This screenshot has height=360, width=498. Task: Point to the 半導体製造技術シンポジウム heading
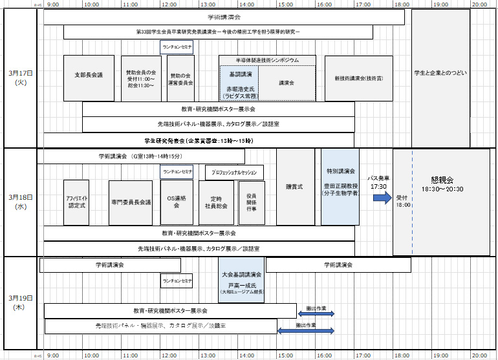point(267,59)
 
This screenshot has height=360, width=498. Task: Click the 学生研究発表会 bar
point(199,140)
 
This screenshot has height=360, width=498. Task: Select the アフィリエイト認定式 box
point(76,202)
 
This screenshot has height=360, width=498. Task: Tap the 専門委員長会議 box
point(130,202)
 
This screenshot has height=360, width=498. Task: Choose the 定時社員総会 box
point(217,202)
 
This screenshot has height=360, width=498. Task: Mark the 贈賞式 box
point(295,187)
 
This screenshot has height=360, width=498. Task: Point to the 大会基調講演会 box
point(241,279)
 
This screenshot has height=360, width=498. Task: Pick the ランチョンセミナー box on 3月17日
point(177,47)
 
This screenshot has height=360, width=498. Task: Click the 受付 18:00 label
point(402,201)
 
